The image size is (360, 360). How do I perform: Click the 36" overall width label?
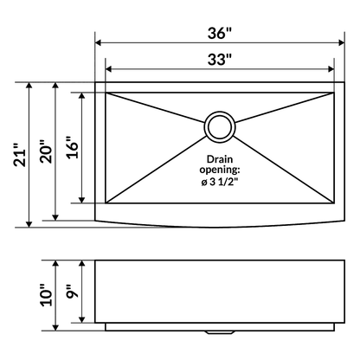click(x=220, y=33)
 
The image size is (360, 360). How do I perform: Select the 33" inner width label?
click(x=220, y=60)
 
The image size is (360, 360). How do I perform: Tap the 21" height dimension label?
click(x=21, y=155)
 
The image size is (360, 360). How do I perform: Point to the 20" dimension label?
click(x=47, y=152)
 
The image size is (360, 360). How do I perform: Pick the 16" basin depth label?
click(x=73, y=147)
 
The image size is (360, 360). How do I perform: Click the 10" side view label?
click(x=47, y=295)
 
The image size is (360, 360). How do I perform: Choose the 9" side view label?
click(x=73, y=292)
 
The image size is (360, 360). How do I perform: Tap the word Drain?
click(x=220, y=159)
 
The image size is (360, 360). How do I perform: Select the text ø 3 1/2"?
click(x=220, y=183)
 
